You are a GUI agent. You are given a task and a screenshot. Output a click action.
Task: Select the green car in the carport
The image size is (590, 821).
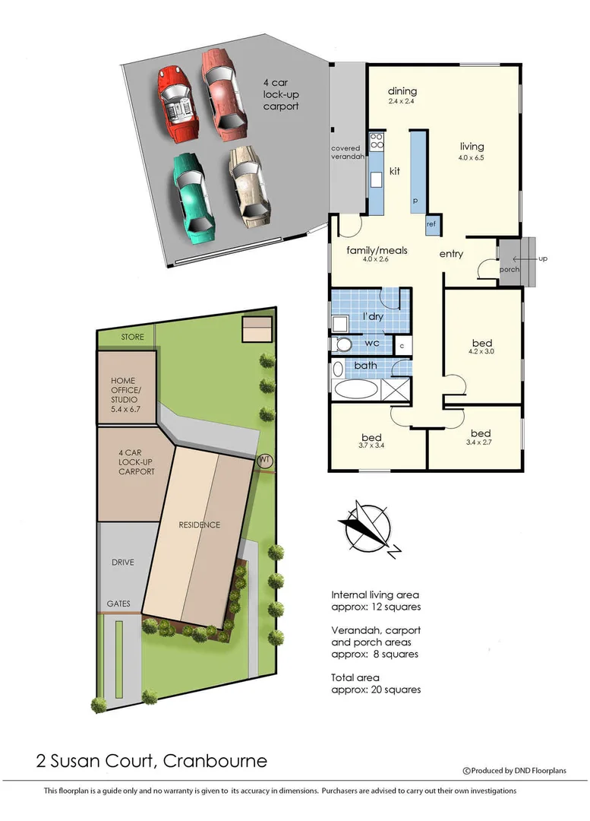point(192,195)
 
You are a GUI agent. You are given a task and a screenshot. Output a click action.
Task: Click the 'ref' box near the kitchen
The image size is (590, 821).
point(431,224)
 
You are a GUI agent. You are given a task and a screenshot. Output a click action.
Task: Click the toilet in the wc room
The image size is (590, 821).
point(343,345)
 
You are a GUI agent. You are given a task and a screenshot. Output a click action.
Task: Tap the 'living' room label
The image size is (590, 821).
point(472,147)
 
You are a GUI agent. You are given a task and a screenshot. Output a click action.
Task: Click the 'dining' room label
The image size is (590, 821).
point(402,91)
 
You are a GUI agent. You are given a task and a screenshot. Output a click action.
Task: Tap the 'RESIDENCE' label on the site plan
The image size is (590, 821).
point(200,525)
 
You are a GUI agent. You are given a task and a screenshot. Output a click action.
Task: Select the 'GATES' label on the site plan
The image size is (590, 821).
point(118,604)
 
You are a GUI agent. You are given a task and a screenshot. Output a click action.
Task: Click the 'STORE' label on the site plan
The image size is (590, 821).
point(134,337)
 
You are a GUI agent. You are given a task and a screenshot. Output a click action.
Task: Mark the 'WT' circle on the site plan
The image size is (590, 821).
point(264,461)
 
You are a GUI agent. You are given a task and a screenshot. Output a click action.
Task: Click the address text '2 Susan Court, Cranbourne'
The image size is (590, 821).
point(152,760)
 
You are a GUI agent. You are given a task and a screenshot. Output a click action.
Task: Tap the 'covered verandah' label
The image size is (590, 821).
point(349,154)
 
